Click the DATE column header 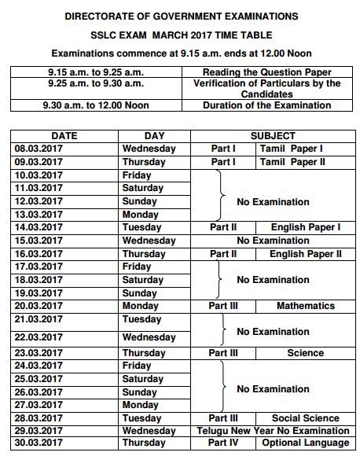coord(64,136)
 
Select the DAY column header coord(155,136)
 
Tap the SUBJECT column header coord(273,136)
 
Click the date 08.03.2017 coord(39,149)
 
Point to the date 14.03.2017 coord(39,227)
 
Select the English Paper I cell coord(305,227)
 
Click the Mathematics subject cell coord(305,306)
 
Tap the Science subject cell coord(305,353)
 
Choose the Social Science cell coord(306,418)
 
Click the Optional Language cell coord(305,443)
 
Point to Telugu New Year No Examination coord(273,431)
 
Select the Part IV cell coord(223,443)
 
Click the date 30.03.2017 coord(39,443)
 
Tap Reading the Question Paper coord(266,72)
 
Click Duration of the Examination coord(266,105)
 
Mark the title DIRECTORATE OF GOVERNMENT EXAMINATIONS coord(181,16)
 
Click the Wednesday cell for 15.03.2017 coord(149,241)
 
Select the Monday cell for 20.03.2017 coord(141,306)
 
